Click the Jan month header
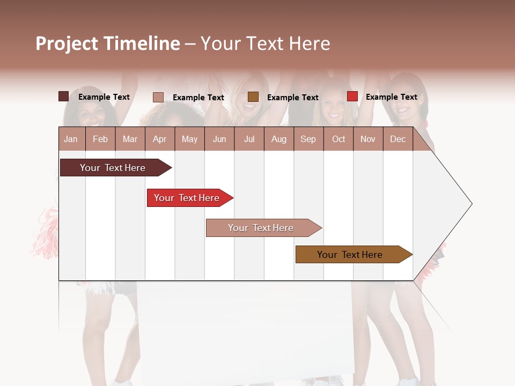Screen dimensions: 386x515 [71, 139]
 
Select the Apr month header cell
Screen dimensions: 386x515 [159, 139]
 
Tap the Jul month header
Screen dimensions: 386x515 [249, 139]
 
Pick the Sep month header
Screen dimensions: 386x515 [308, 139]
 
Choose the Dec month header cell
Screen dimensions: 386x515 [398, 139]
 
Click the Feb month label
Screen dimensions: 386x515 [100, 139]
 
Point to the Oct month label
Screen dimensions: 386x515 [339, 139]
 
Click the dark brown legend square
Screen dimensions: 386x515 [63, 96]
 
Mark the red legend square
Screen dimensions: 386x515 [352, 96]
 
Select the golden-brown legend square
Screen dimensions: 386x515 [253, 96]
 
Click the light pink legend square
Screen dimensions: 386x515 [158, 97]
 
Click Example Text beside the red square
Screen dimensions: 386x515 [391, 96]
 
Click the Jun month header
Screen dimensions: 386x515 [219, 139]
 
